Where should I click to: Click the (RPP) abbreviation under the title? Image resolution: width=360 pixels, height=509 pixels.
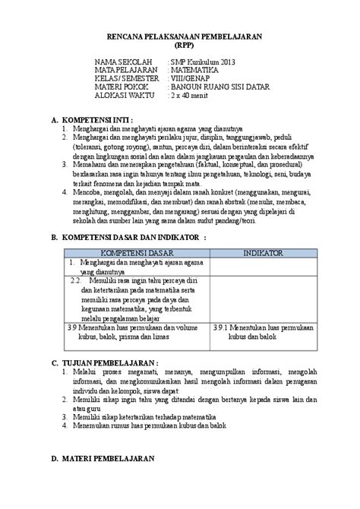pos(179,45)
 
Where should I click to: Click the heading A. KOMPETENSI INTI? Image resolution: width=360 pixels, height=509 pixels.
pos(92,120)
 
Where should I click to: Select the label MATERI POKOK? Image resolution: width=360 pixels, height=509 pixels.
pos(122,87)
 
